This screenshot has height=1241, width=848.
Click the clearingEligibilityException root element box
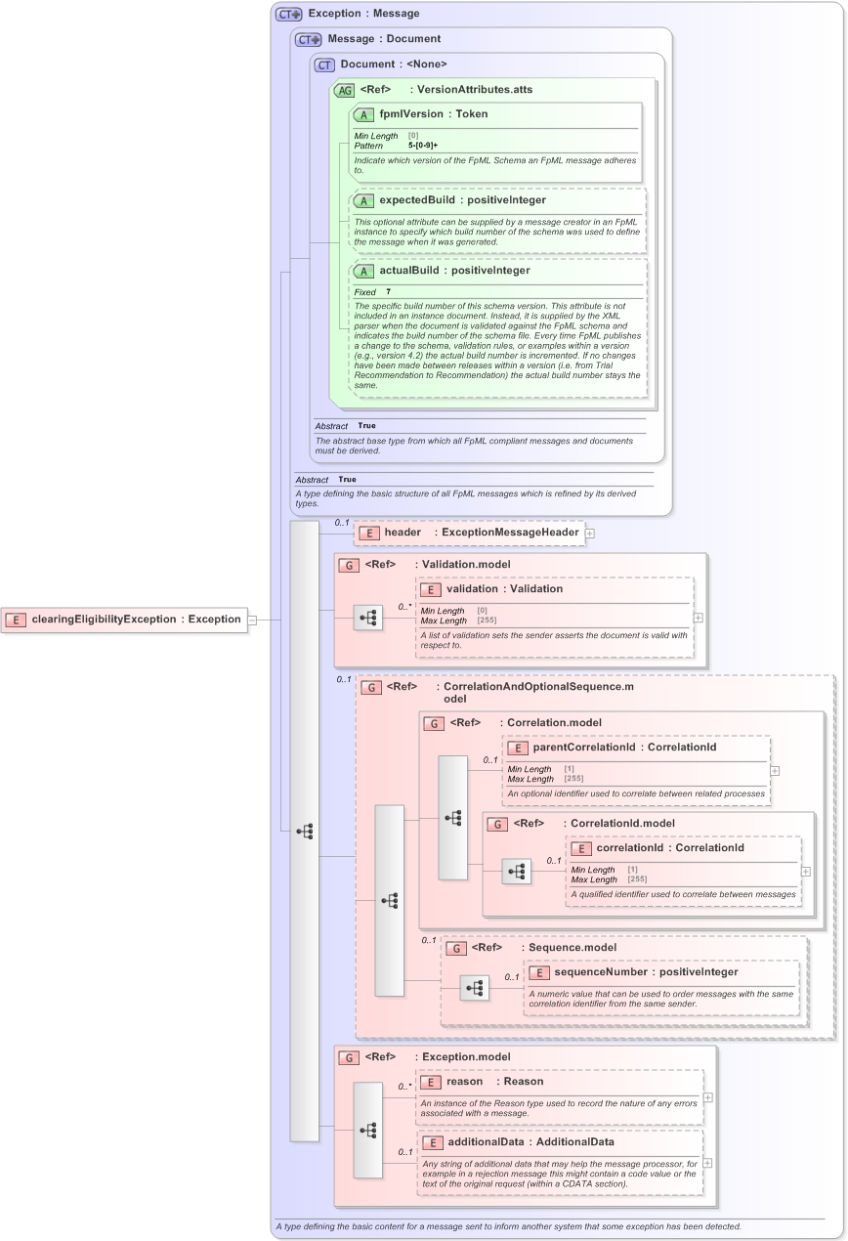tap(124, 620)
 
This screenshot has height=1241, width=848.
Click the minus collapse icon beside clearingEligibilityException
tap(252, 620)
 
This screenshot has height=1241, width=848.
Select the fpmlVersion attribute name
tap(411, 114)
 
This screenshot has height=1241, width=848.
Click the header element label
tap(403, 533)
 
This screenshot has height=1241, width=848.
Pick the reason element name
tap(465, 1082)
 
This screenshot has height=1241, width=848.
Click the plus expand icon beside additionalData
tap(707, 1163)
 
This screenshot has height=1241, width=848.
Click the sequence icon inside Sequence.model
tap(475, 988)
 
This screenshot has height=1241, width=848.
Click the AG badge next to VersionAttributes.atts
tap(344, 90)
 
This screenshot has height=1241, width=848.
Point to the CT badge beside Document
tap(324, 64)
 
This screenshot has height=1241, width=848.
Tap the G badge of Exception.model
tap(348, 1057)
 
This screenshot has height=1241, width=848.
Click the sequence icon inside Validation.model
tap(368, 618)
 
